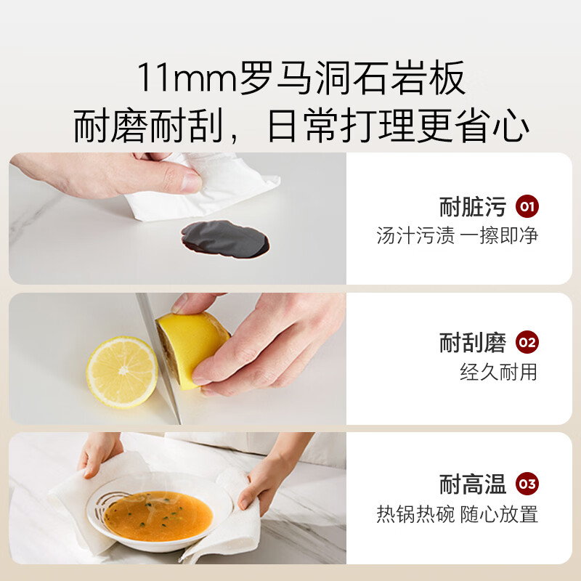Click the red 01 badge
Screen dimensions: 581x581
click(x=527, y=206)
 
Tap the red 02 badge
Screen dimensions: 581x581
click(x=527, y=342)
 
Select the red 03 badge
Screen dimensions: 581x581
click(x=527, y=484)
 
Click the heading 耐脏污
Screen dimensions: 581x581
click(x=473, y=207)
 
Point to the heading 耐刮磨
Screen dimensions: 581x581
click(x=473, y=342)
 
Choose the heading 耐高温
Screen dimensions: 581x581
click(x=473, y=484)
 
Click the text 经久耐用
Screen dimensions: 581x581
click(x=498, y=372)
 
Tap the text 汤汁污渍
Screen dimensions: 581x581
click(x=415, y=235)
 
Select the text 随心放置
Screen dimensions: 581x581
click(x=499, y=514)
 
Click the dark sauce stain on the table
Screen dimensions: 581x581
click(x=225, y=239)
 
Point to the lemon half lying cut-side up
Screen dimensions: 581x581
click(x=122, y=372)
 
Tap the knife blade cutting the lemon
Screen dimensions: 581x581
click(x=158, y=357)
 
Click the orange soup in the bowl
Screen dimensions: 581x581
click(x=158, y=516)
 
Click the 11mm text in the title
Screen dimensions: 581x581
click(x=187, y=78)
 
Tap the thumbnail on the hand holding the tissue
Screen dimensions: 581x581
click(x=191, y=182)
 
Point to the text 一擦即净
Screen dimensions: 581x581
click(x=499, y=235)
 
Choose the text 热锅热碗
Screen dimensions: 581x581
click(x=415, y=514)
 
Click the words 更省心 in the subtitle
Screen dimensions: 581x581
click(x=474, y=125)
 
